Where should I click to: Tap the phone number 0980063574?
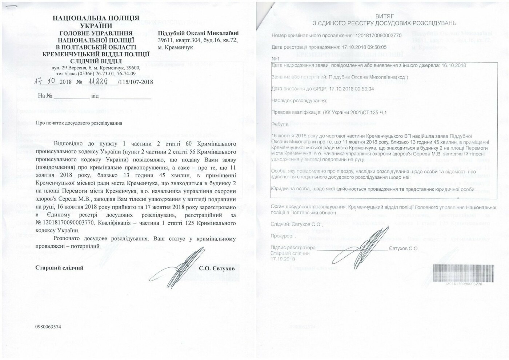[48, 327]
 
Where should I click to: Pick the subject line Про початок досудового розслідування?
[79, 123]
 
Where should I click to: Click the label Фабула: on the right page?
[280, 124]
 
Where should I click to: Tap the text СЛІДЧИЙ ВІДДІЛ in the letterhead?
[96, 61]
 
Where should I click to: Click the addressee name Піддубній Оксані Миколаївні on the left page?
[199, 33]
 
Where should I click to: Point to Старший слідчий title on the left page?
[59, 268]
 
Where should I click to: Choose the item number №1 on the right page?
[275, 59]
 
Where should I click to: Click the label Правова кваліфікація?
[296, 113]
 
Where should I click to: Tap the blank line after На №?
[71, 97]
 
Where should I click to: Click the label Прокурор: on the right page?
[282, 236]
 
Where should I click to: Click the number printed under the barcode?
[464, 284]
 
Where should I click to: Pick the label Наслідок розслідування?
[298, 101]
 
